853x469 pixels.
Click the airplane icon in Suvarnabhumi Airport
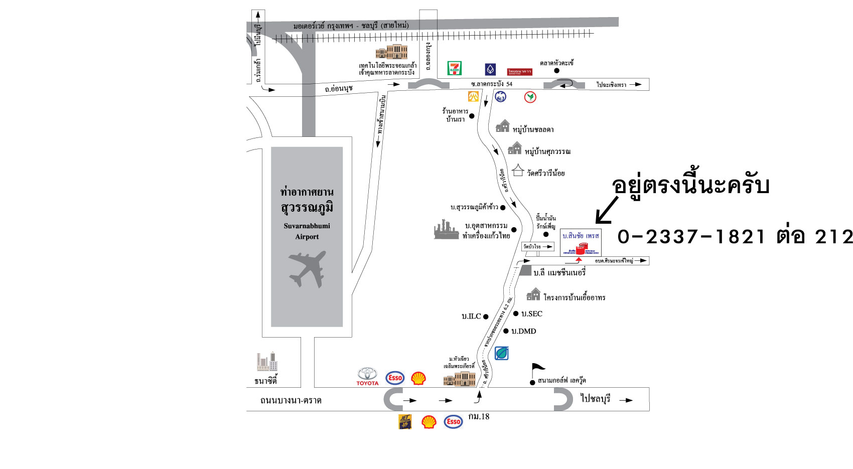pyautogui.click(x=307, y=269)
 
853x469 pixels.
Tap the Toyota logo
pyautogui.click(x=367, y=376)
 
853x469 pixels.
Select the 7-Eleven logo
pyautogui.click(x=455, y=68)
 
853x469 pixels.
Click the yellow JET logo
pyautogui.click(x=405, y=422)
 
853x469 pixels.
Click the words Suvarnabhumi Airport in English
pyautogui.click(x=307, y=231)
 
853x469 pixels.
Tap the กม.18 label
pyautogui.click(x=479, y=416)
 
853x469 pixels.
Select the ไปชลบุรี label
pyautogui.click(x=596, y=399)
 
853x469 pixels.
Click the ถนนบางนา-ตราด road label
pyautogui.click(x=291, y=400)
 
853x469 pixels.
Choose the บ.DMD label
pyautogui.click(x=524, y=331)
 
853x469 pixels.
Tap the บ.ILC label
pyautogui.click(x=471, y=317)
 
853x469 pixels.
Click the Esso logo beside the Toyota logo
pyautogui.click(x=395, y=378)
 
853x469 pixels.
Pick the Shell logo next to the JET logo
pyautogui.click(x=429, y=422)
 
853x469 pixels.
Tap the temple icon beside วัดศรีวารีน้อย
pyautogui.click(x=518, y=171)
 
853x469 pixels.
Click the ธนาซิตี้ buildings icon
pyautogui.click(x=267, y=362)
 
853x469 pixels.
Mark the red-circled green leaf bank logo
pyautogui.click(x=530, y=97)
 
